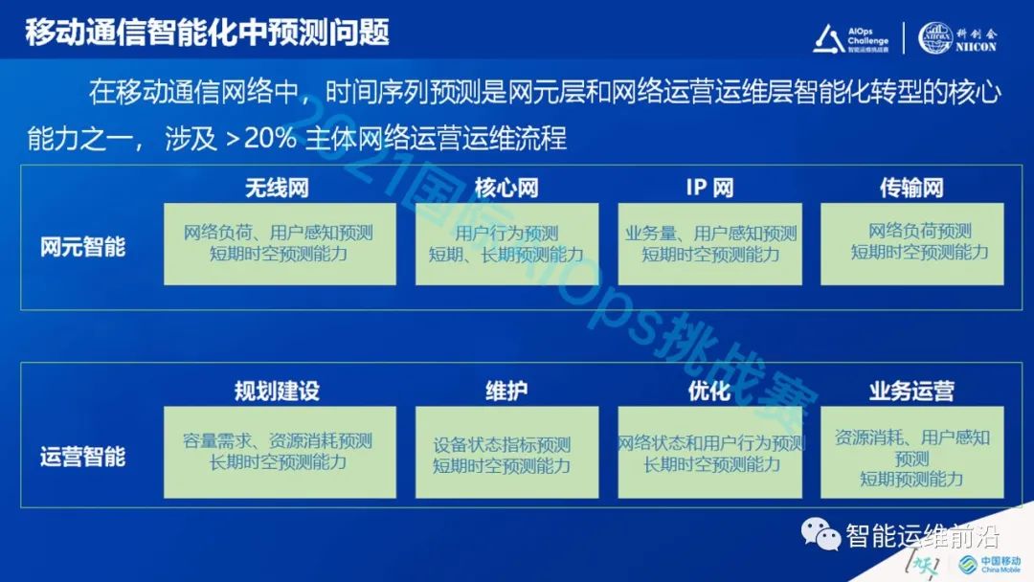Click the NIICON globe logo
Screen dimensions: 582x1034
(935, 36)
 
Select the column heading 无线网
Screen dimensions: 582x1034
(277, 187)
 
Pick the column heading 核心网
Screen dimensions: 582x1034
(506, 187)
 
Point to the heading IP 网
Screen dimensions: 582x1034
(709, 187)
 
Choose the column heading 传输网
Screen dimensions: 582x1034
(911, 187)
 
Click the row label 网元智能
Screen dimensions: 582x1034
(83, 246)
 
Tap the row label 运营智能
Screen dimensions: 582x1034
(83, 456)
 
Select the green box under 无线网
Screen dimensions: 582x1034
(279, 244)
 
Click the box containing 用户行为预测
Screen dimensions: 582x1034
(506, 244)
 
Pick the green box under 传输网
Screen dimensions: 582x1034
(911, 243)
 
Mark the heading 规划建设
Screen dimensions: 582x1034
(277, 392)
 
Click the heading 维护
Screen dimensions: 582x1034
(506, 392)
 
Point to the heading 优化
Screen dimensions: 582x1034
(709, 392)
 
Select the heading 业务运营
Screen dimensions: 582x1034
(911, 392)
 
